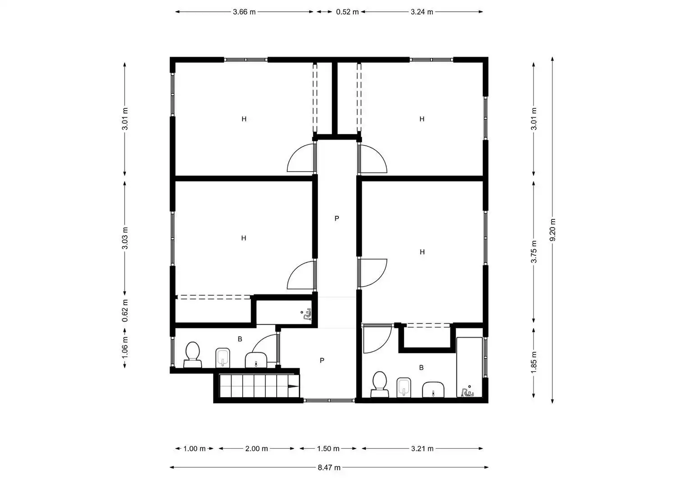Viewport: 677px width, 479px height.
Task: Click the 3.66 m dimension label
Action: click(x=244, y=12)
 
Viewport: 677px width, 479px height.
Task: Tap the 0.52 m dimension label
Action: click(x=347, y=12)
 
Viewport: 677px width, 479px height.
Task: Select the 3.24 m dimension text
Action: click(x=422, y=12)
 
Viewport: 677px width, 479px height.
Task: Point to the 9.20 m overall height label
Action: click(x=552, y=230)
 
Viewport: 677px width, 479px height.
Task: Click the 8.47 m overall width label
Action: click(x=329, y=468)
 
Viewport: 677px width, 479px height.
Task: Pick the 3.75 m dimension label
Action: click(x=534, y=251)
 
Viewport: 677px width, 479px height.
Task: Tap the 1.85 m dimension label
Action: click(x=534, y=362)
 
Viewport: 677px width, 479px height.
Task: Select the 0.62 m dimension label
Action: click(x=125, y=311)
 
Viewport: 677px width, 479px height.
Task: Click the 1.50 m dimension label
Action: click(x=328, y=448)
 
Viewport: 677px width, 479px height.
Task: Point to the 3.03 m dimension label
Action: click(x=125, y=238)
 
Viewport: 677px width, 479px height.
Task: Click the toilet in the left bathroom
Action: click(x=193, y=354)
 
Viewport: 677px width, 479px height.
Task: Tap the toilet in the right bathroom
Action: click(x=380, y=384)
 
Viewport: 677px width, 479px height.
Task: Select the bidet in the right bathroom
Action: click(x=404, y=387)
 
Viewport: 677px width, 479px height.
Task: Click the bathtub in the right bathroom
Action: click(x=469, y=367)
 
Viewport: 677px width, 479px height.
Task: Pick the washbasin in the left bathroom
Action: click(x=256, y=360)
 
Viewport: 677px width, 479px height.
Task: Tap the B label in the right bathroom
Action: click(x=421, y=368)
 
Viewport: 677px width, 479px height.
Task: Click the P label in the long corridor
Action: click(x=337, y=219)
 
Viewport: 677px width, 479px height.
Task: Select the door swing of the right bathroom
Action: click(x=378, y=339)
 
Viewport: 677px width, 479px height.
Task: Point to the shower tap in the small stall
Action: click(x=307, y=315)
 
